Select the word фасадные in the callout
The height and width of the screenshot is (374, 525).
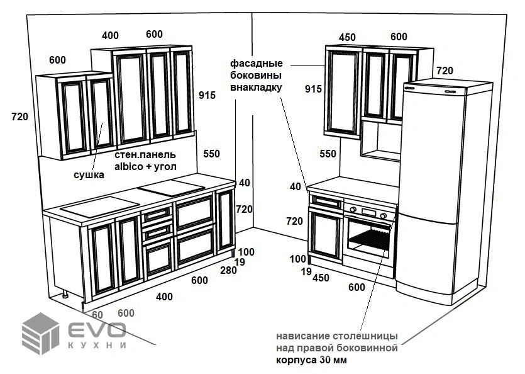pyautogui.click(x=256, y=64)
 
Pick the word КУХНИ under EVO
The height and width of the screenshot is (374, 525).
pyautogui.click(x=97, y=345)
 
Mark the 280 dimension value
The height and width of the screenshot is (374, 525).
pyautogui.click(x=228, y=271)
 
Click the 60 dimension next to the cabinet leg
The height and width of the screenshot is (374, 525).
pyautogui.click(x=97, y=314)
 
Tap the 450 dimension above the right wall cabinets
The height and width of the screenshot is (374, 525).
pyautogui.click(x=347, y=37)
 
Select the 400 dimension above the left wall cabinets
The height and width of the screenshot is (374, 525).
pyautogui.click(x=110, y=35)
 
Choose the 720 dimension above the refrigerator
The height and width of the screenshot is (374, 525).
pyautogui.click(x=445, y=71)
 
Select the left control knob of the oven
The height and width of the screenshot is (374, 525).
pyautogui.click(x=353, y=210)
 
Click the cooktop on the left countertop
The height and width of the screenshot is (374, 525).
pyautogui.click(x=171, y=186)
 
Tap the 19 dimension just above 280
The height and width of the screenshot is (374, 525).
pyautogui.click(x=239, y=262)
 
